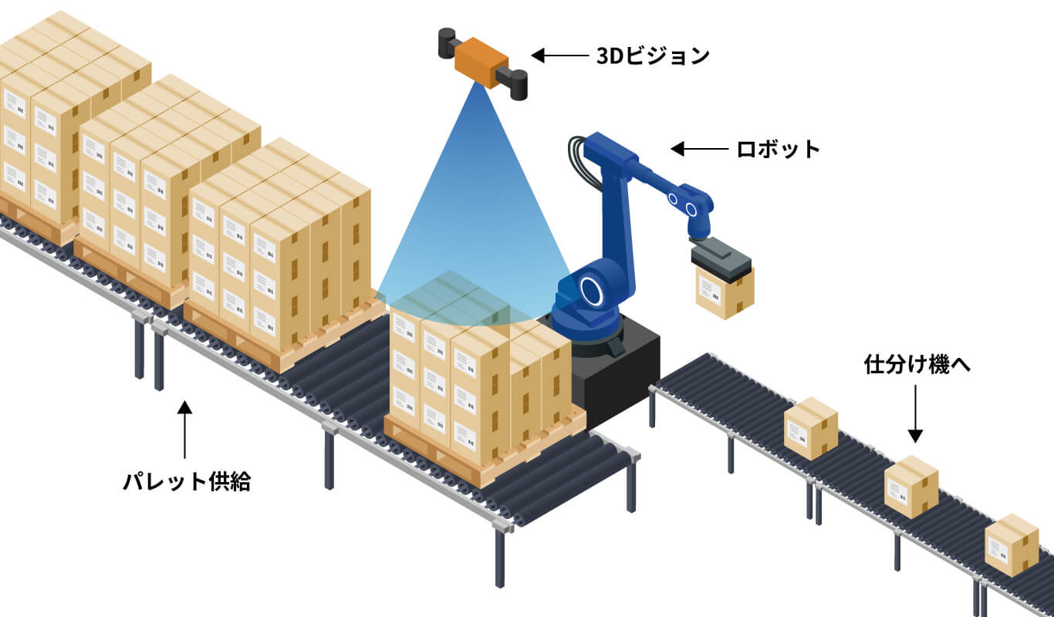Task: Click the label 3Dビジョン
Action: (x=653, y=56)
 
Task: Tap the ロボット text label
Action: (x=778, y=148)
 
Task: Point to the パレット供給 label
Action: (x=187, y=482)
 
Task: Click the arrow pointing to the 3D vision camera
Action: (x=559, y=56)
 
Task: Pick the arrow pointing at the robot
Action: (x=699, y=148)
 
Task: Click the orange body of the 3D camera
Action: (x=480, y=59)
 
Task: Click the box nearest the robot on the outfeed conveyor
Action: (x=810, y=428)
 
